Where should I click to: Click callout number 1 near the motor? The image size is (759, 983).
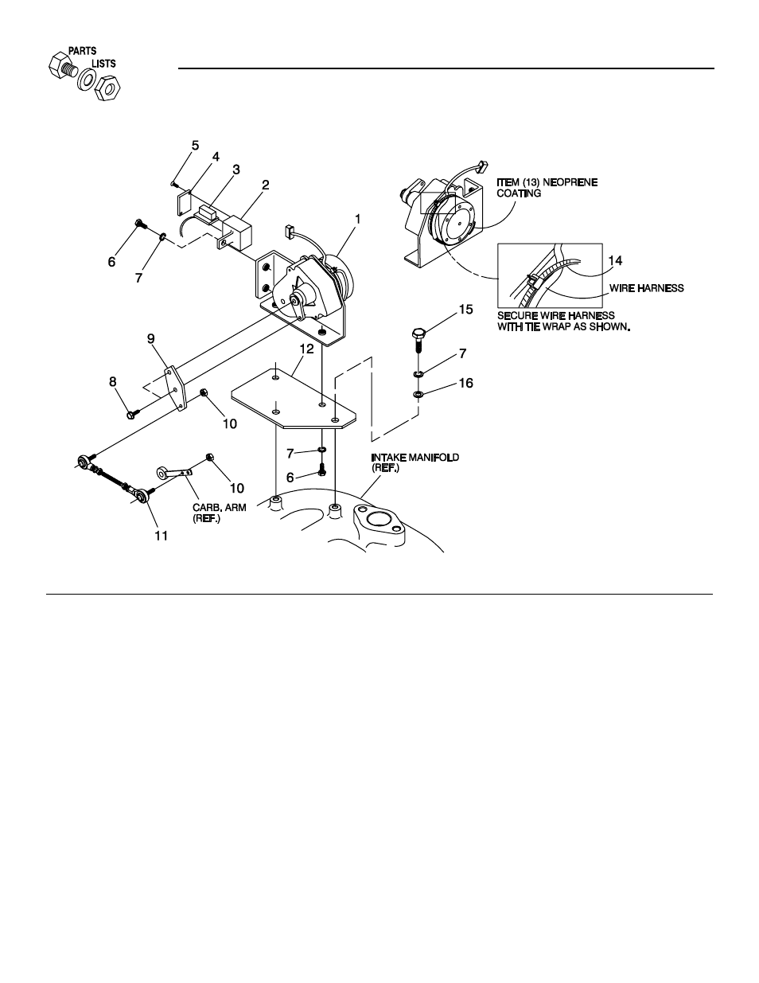358,218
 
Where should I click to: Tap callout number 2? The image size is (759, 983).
266,185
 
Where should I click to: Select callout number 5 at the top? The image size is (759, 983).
195,145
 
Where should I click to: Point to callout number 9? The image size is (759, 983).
151,337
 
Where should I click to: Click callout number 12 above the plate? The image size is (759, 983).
306,349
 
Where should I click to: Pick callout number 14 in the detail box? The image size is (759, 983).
616,260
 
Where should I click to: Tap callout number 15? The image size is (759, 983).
465,308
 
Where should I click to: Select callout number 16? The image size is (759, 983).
465,384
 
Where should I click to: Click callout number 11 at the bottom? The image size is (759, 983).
161,536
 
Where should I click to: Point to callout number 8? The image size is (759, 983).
113,382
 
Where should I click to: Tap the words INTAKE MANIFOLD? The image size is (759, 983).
415,458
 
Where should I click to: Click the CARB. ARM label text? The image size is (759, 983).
218,506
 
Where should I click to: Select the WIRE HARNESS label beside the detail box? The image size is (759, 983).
646,288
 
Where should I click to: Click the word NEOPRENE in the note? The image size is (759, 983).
571,182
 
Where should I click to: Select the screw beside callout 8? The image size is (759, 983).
132,413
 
